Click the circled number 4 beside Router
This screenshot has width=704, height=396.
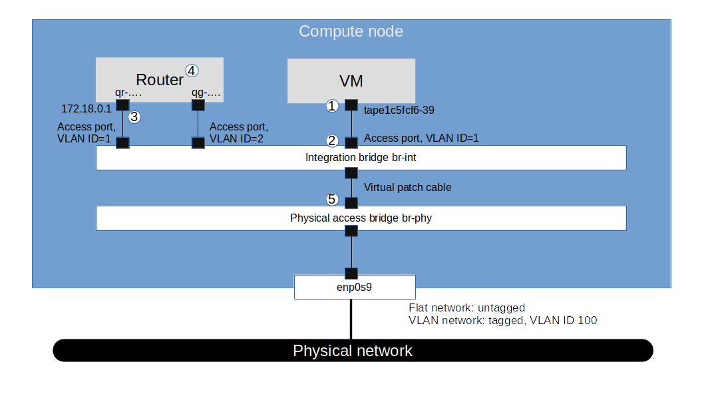click(x=192, y=70)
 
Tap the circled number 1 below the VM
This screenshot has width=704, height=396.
click(x=332, y=105)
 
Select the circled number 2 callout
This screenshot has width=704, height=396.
click(x=332, y=140)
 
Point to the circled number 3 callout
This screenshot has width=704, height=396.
click(x=134, y=117)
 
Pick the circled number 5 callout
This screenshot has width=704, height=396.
click(x=332, y=199)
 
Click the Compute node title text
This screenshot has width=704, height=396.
click(x=351, y=31)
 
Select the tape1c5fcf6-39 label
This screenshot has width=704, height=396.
click(x=399, y=110)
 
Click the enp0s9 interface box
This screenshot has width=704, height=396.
click(x=355, y=288)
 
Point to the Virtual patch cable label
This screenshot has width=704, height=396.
click(x=407, y=188)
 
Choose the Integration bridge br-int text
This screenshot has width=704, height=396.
click(x=361, y=158)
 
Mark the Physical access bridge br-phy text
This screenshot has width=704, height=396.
click(x=361, y=218)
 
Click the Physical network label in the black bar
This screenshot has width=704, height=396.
click(x=353, y=351)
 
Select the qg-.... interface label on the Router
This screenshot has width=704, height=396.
click(x=206, y=94)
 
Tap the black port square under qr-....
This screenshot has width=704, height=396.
click(x=122, y=105)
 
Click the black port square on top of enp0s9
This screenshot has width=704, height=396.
click(x=351, y=273)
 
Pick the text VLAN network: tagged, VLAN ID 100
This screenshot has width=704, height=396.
click(x=502, y=321)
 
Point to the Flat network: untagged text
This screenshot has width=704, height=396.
click(x=466, y=308)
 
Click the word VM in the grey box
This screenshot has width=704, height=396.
click(x=351, y=81)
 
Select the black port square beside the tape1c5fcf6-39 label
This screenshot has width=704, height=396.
click(x=351, y=105)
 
